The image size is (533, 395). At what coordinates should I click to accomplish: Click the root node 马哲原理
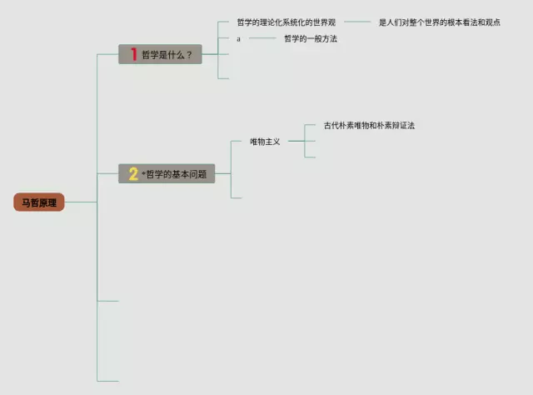pyautogui.click(x=39, y=202)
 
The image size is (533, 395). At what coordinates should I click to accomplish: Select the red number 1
pyautogui.click(x=133, y=54)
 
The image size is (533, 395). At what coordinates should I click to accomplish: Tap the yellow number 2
pyautogui.click(x=132, y=174)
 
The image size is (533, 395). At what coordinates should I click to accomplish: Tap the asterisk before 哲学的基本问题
pyautogui.click(x=142, y=172)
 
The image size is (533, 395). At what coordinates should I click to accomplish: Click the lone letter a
pyautogui.click(x=238, y=39)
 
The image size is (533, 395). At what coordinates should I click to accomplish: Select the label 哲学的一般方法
pyautogui.click(x=310, y=39)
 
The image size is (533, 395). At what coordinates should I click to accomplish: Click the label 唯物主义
pyautogui.click(x=265, y=142)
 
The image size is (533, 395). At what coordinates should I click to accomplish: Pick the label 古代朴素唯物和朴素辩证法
pyautogui.click(x=369, y=126)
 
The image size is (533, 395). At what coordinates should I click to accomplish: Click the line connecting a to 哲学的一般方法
pyautogui.click(x=262, y=38)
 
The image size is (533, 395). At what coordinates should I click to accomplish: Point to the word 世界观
pyautogui.click(x=323, y=22)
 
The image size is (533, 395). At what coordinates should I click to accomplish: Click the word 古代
pyautogui.click(x=332, y=126)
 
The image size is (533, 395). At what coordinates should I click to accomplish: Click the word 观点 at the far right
pyautogui.click(x=491, y=22)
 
